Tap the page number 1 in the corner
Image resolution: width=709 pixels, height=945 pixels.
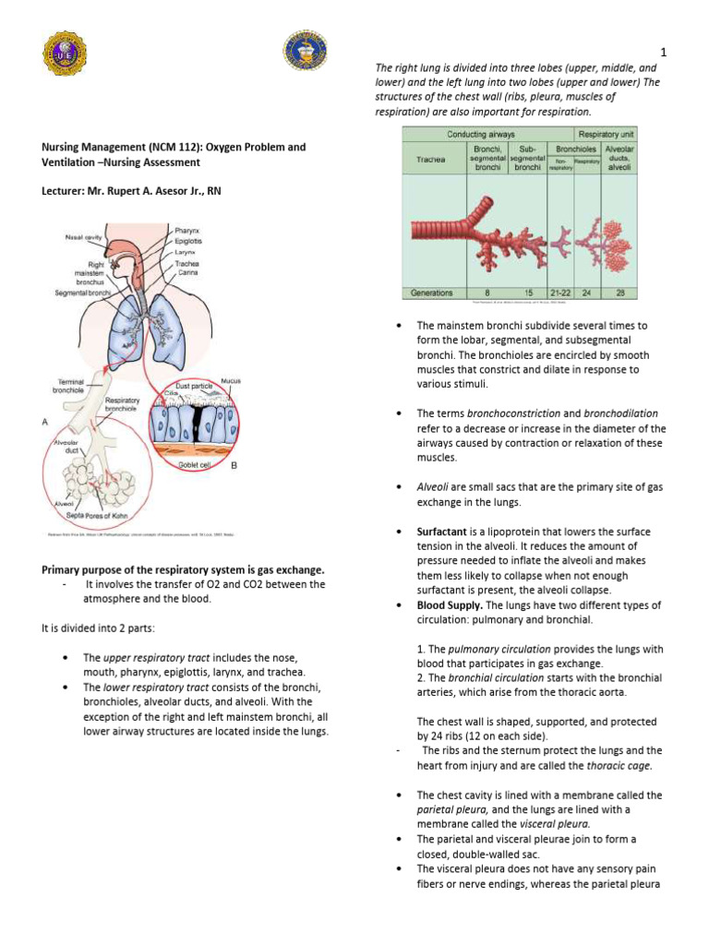[663, 52]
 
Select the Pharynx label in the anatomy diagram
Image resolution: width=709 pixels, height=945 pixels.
[186, 229]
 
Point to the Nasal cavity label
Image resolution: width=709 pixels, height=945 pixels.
[83, 237]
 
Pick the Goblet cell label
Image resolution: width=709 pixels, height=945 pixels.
[195, 466]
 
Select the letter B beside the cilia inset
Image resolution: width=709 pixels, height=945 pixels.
[234, 466]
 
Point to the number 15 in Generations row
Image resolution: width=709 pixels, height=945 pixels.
[528, 293]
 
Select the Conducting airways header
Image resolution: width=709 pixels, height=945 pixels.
[481, 135]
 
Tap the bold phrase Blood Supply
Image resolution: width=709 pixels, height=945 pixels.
[450, 605]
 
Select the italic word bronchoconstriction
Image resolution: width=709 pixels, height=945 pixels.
[512, 413]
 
